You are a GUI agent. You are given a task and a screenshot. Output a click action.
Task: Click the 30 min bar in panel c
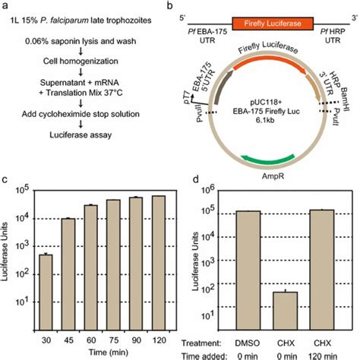(x=45, y=286)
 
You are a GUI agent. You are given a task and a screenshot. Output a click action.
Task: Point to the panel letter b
(x=191, y=7)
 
